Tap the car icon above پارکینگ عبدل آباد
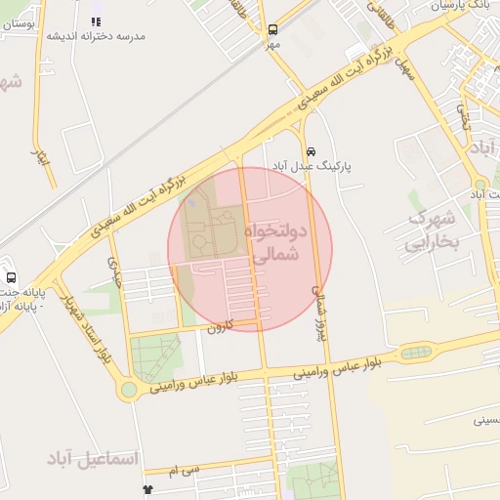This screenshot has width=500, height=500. pyautogui.click(x=311, y=151)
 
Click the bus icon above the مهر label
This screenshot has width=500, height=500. pyautogui.click(x=271, y=29)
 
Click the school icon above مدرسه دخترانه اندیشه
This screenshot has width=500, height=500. pyautogui.click(x=96, y=21)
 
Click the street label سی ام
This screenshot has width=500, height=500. pyautogui.click(x=183, y=470)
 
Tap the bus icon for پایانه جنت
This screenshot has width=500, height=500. pyautogui.click(x=11, y=277)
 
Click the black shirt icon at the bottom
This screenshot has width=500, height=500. pyautogui.click(x=147, y=489)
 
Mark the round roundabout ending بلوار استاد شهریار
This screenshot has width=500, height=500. pyautogui.click(x=128, y=390)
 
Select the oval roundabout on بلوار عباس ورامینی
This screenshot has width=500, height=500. pyautogui.click(x=414, y=352)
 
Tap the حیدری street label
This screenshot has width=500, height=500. pyautogui.click(x=115, y=279)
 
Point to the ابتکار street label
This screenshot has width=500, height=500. pyautogui.click(x=42, y=155)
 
